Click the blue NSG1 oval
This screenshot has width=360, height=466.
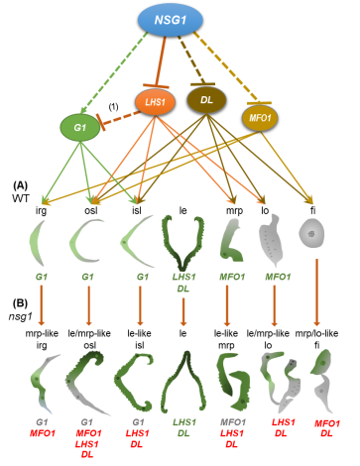coord(170,20)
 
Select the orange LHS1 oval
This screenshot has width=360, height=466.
coord(155,102)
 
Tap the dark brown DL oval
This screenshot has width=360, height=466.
coord(206,100)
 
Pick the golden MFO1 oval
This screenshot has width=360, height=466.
coord(260,118)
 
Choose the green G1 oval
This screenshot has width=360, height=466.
coord(79,128)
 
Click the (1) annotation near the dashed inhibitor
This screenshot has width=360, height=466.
coord(113,107)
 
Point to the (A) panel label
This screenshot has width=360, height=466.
coord(20,185)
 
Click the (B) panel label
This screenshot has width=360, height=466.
coord(20,303)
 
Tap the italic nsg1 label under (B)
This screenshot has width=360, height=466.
coord(20,316)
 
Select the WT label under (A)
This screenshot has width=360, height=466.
coord(21,198)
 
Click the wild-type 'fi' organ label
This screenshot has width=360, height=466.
coord(312,210)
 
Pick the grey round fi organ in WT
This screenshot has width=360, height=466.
coord(311,234)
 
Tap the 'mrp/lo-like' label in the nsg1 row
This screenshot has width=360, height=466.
coord(316,333)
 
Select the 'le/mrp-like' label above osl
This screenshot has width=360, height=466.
coord(89,333)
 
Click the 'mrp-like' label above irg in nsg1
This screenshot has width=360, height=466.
coord(42,333)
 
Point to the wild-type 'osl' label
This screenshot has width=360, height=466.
coord(91,210)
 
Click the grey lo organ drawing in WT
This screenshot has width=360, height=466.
coord(271,240)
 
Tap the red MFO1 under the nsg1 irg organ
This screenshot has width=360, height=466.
coord(43,433)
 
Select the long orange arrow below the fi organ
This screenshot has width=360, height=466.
coord(316,292)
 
